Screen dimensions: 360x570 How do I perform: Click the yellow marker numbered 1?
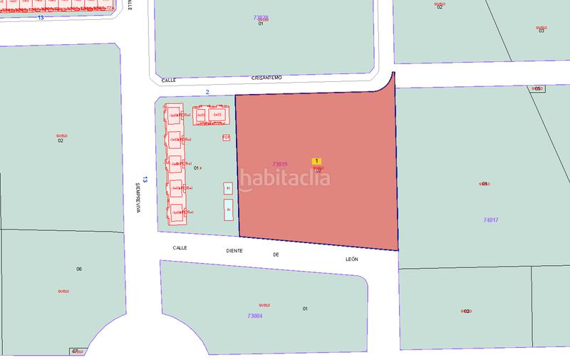(317, 162)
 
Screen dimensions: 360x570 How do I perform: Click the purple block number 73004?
(255, 315)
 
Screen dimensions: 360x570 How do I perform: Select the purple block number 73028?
(261, 17)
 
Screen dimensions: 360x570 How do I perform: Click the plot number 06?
(79, 269)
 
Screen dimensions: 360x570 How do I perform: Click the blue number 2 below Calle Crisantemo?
(207, 92)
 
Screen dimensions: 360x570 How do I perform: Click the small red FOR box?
(227, 137)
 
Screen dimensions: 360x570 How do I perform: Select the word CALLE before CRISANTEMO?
(168, 81)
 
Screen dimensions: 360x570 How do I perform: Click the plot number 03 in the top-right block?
(541, 31)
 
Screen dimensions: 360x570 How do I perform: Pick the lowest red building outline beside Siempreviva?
(179, 212)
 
